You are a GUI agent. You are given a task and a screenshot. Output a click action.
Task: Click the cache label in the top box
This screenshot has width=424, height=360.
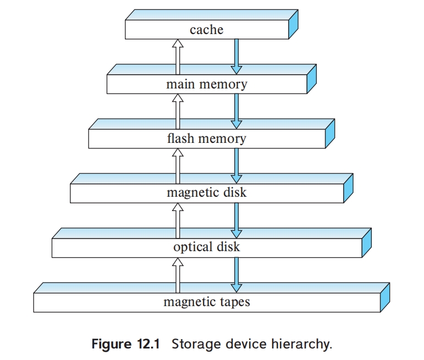(x=206, y=30)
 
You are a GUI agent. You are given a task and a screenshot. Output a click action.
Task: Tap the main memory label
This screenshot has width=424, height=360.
(x=206, y=84)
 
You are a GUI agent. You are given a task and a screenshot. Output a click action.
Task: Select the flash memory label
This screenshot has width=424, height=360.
(x=206, y=139)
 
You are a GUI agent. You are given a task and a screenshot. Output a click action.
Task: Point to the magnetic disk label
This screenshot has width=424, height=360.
(x=206, y=192)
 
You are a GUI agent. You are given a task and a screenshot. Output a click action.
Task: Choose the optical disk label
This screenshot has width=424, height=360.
(x=206, y=247)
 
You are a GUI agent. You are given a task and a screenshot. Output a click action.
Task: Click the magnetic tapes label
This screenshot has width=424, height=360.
(x=206, y=301)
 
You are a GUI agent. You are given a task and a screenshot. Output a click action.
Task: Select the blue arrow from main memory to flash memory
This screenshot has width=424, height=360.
(x=236, y=110)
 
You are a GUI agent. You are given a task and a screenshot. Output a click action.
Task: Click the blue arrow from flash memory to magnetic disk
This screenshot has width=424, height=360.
(x=236, y=164)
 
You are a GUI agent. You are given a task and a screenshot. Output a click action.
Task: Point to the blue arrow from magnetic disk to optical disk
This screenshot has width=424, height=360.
(x=236, y=219)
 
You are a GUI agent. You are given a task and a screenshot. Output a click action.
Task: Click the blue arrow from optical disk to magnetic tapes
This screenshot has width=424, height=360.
(x=236, y=273)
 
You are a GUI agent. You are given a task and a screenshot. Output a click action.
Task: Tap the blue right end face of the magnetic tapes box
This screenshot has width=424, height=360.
(x=385, y=297)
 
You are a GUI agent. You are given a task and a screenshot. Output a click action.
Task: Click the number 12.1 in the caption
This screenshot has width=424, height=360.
(x=147, y=345)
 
